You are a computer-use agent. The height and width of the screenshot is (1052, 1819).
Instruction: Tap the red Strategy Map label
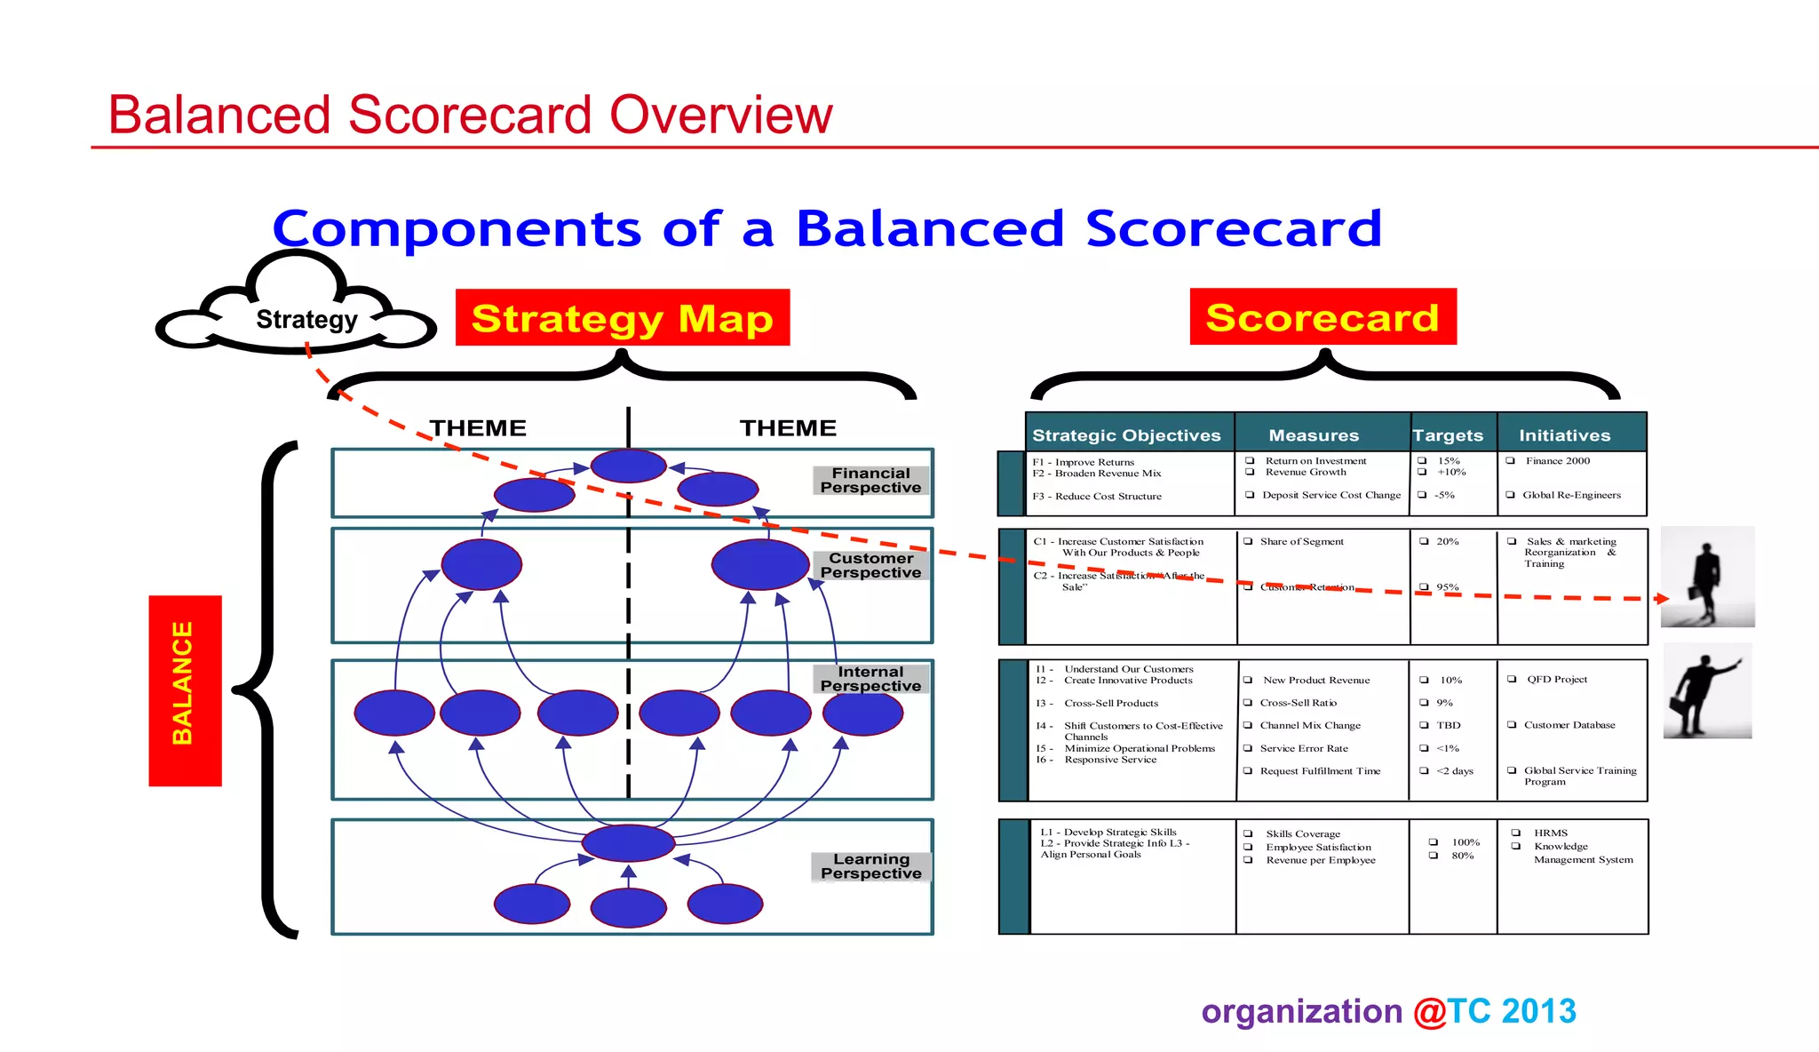[x=622, y=318]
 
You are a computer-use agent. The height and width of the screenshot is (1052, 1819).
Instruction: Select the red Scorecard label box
[x=1323, y=317]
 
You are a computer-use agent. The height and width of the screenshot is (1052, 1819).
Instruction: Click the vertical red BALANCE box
[x=185, y=690]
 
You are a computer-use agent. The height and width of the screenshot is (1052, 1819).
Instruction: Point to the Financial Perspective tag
[x=870, y=481]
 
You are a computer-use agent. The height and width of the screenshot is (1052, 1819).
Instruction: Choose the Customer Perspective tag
[x=870, y=565]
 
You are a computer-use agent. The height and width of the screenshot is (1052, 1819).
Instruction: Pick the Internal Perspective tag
[x=870, y=679]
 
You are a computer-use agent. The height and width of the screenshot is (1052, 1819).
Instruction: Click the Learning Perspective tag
[x=870, y=866]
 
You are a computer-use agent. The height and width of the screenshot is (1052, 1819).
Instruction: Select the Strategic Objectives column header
[x=1126, y=435]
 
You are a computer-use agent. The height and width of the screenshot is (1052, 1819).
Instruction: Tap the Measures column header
[x=1314, y=435]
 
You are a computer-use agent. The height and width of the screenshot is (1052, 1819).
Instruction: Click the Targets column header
[x=1448, y=435]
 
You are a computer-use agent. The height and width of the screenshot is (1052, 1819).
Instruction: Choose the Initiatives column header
[x=1564, y=435]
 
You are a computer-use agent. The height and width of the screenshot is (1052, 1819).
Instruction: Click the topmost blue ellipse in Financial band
[x=629, y=466]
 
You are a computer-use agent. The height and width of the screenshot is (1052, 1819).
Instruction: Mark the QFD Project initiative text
[x=1556, y=680]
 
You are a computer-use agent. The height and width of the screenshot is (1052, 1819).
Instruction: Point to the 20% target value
[x=1447, y=541]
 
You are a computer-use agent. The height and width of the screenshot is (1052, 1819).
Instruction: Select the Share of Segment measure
[x=1301, y=541]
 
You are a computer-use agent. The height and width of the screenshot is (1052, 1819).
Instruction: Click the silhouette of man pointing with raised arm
[x=1707, y=692]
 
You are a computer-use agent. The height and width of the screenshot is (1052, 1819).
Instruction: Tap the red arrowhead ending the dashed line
[x=1662, y=598]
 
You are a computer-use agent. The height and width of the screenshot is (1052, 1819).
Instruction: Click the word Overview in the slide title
[x=720, y=116]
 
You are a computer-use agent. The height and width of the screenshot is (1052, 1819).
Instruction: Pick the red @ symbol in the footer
[x=1429, y=1012]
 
